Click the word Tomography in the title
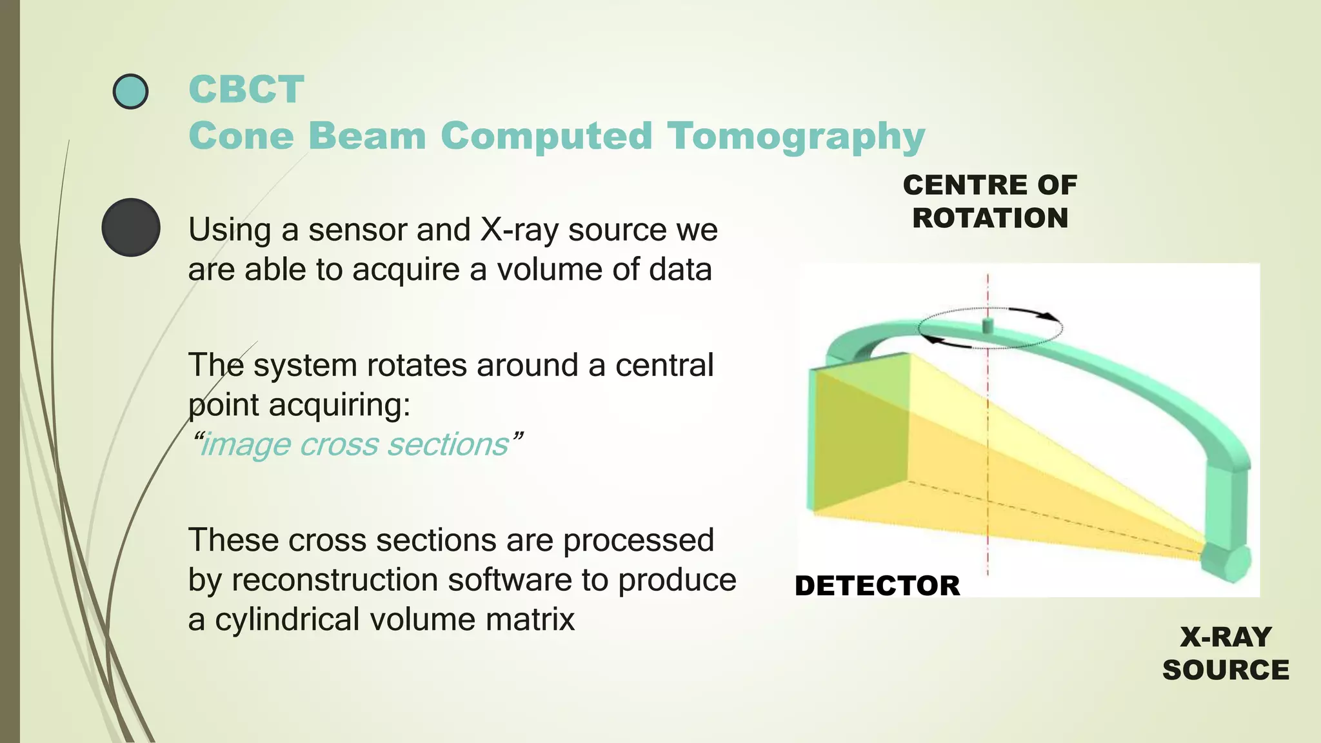tap(795, 137)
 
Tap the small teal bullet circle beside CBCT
tap(130, 91)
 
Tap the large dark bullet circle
tap(131, 227)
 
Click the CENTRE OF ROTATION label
tap(989, 201)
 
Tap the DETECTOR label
tap(877, 586)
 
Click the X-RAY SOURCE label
tap(1225, 653)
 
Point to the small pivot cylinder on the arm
tap(988, 325)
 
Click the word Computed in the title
tap(546, 137)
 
